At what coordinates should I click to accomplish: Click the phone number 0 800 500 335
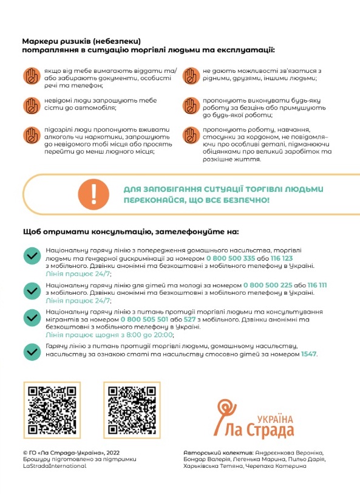tap(230, 258)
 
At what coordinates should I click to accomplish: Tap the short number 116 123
tap(282, 258)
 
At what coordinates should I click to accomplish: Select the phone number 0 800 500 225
tap(268, 285)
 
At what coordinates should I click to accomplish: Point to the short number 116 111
tap(318, 285)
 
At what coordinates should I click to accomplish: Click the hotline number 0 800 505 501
tap(144, 320)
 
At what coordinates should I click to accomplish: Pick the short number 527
tap(190, 320)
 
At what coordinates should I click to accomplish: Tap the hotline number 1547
tap(308, 354)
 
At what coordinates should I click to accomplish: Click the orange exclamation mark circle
tap(93, 194)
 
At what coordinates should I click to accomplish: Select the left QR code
tap(52, 410)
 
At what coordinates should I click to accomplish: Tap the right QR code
tap(132, 410)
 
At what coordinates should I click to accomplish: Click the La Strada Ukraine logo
tap(254, 419)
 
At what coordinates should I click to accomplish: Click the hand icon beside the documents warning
tap(32, 76)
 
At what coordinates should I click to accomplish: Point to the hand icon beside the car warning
tap(32, 106)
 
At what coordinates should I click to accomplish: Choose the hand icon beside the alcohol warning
tap(32, 135)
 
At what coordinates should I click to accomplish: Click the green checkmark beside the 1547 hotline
tap(32, 352)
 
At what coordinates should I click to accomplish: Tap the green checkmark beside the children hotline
tap(32, 291)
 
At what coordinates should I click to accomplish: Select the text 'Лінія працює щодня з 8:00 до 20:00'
tap(109, 335)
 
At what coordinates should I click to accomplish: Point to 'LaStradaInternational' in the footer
tap(55, 466)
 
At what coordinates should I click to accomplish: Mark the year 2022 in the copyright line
tap(112, 453)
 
